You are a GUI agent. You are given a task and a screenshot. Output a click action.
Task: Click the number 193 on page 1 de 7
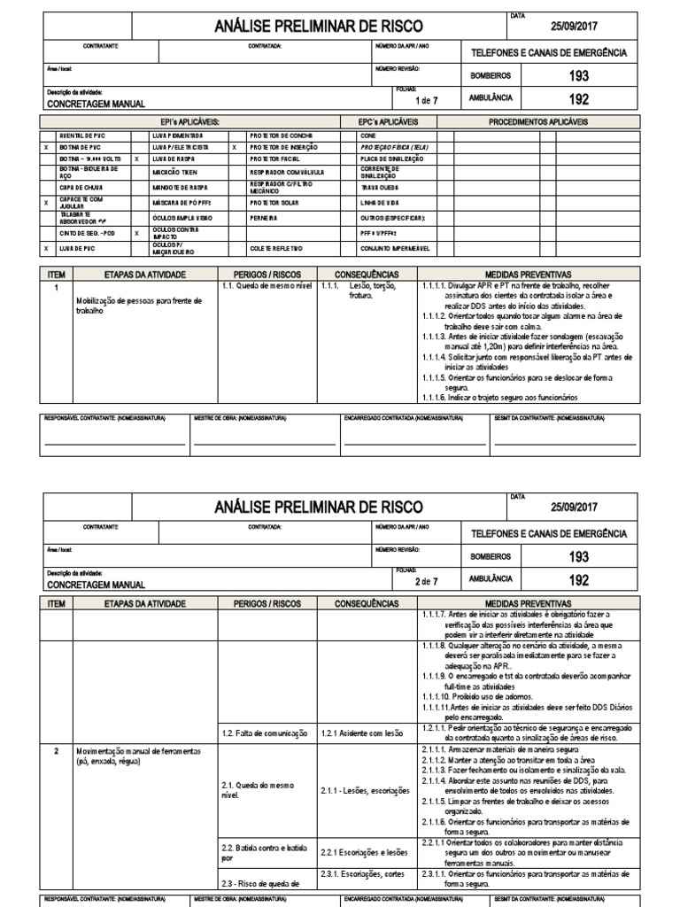(578, 76)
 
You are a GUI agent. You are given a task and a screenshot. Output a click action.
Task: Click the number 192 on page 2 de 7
(578, 581)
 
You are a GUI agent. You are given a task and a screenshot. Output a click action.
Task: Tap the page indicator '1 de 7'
(427, 100)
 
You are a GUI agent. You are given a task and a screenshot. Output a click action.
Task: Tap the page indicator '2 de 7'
(427, 582)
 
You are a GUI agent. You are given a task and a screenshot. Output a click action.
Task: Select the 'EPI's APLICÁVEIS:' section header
(189, 121)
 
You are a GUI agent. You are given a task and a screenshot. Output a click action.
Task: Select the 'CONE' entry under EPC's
(368, 136)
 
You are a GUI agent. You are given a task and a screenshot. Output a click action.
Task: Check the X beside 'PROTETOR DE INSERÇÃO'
(234, 147)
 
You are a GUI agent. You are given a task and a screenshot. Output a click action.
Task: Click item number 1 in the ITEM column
(56, 288)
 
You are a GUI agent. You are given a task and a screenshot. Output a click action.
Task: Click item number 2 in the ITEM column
(56, 750)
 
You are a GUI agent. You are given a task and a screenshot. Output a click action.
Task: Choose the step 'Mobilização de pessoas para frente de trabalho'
(139, 306)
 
